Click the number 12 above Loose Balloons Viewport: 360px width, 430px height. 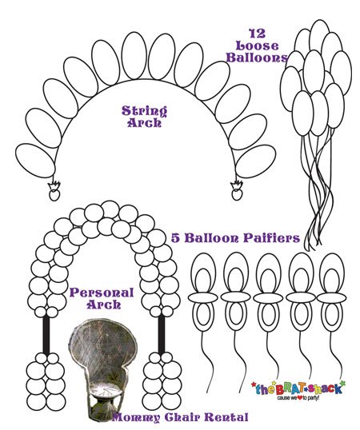coord(258,34)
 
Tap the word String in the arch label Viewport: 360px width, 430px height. coord(144,111)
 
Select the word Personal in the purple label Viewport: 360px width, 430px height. coord(102,293)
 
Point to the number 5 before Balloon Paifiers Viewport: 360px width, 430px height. coord(175,237)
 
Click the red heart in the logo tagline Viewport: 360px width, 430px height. coord(299,397)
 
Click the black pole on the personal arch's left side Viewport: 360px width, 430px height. coord(46,335)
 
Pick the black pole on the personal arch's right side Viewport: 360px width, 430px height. coord(162,333)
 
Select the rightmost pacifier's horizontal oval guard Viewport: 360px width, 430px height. coord(331,297)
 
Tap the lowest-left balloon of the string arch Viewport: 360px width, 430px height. coord(35,161)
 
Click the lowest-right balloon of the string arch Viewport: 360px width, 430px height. coord(256,161)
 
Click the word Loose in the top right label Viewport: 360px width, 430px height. coord(257,46)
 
